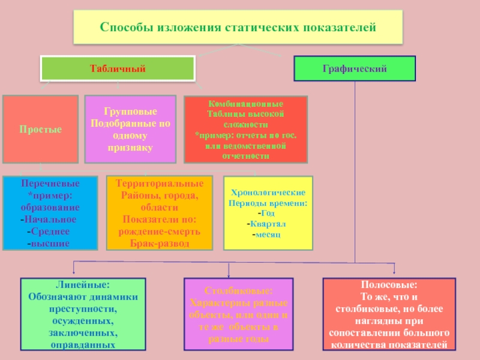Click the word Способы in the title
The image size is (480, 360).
click(124, 28)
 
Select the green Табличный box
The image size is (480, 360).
click(118, 69)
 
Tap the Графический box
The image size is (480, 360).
click(355, 69)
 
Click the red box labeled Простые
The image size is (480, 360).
click(40, 130)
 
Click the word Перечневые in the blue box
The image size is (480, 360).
click(50, 182)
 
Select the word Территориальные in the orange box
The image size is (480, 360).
click(159, 182)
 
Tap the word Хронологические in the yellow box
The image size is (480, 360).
click(268, 193)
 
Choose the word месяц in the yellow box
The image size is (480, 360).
click(268, 234)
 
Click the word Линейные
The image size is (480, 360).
click(83, 286)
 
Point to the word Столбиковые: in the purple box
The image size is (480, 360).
click(238, 291)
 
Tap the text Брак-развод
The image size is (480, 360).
click(160, 243)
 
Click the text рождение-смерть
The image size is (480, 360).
click(160, 232)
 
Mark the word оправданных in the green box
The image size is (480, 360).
click(83, 346)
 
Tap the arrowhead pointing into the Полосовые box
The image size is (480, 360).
click(394, 274)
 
